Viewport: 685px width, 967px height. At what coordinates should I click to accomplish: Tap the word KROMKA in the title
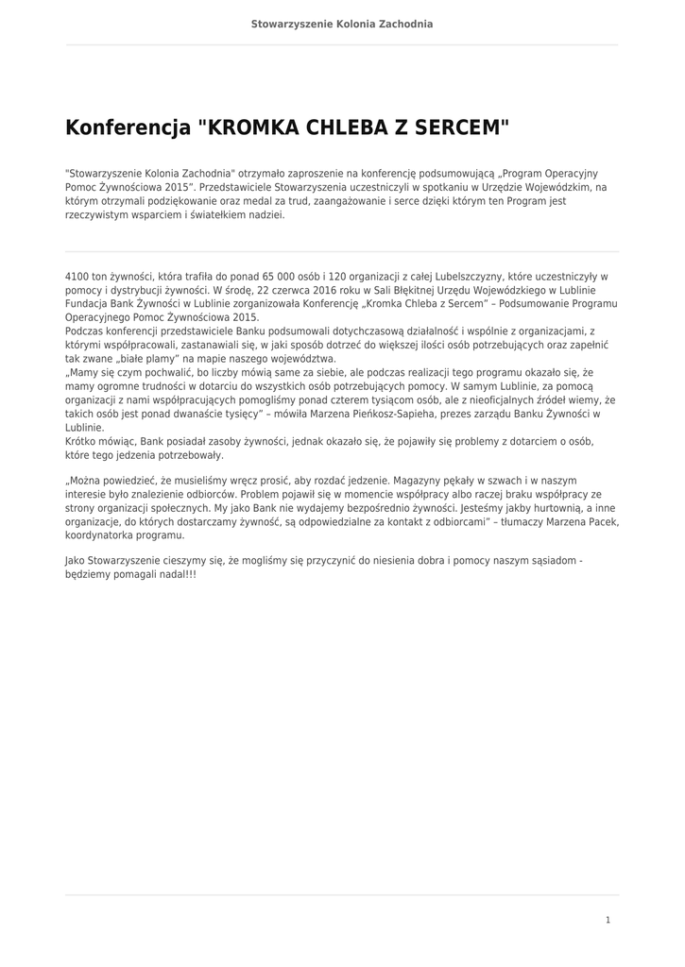253,127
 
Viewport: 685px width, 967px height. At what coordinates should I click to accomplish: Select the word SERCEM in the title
464,127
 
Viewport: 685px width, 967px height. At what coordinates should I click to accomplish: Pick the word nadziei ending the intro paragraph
264,214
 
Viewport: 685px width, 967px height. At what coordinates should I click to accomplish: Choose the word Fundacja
87,305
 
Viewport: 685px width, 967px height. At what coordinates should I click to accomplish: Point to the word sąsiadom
549,561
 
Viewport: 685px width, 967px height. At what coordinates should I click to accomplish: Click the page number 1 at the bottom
608,920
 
